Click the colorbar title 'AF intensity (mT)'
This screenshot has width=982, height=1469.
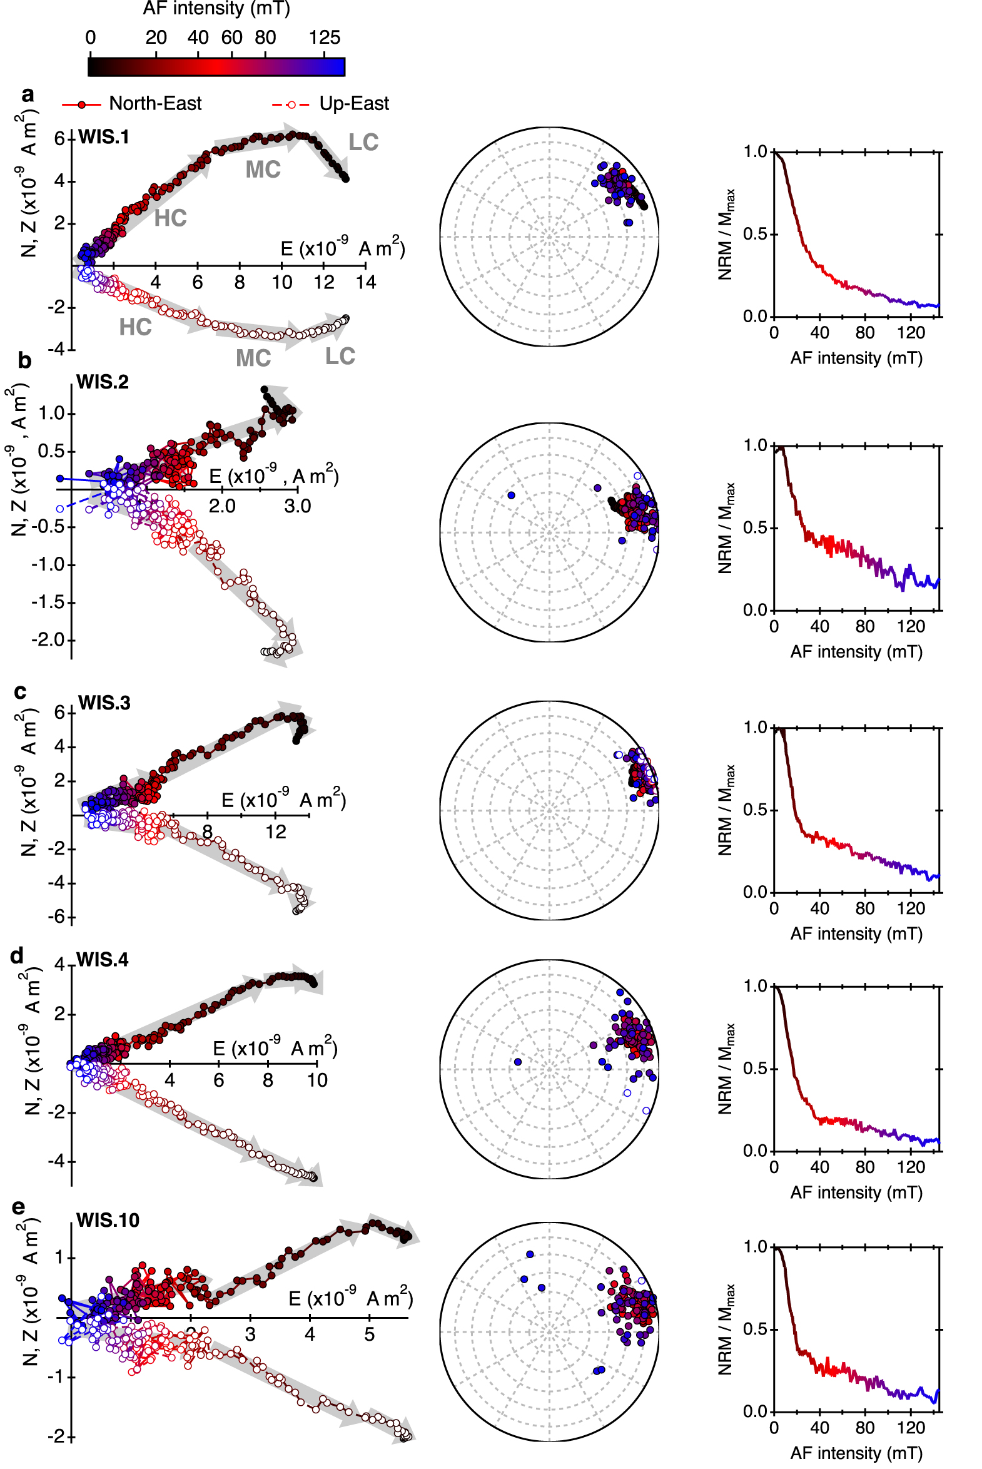point(216,9)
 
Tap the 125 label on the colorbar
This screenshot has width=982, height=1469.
point(325,38)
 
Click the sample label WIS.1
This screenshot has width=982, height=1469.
point(104,137)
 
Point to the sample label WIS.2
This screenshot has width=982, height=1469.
point(102,382)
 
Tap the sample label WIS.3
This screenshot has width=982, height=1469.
point(104,703)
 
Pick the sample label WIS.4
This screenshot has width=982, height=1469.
point(102,960)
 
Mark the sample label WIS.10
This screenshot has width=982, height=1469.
point(108,1219)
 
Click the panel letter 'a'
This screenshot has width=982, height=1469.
point(27,94)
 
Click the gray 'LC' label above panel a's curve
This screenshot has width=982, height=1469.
point(363,143)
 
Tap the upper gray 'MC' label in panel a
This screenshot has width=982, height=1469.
point(263,170)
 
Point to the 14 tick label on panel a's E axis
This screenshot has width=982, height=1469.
point(366,283)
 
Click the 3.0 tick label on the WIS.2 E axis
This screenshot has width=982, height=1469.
point(297,506)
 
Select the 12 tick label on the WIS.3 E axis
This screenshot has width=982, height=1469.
point(276,832)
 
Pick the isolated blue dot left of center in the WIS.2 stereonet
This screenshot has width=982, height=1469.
point(511,495)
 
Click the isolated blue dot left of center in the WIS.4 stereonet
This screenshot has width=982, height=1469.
point(517,1062)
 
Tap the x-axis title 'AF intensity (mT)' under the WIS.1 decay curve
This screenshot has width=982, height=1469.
point(856,358)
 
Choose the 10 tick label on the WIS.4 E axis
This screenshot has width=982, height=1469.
point(317,1080)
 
